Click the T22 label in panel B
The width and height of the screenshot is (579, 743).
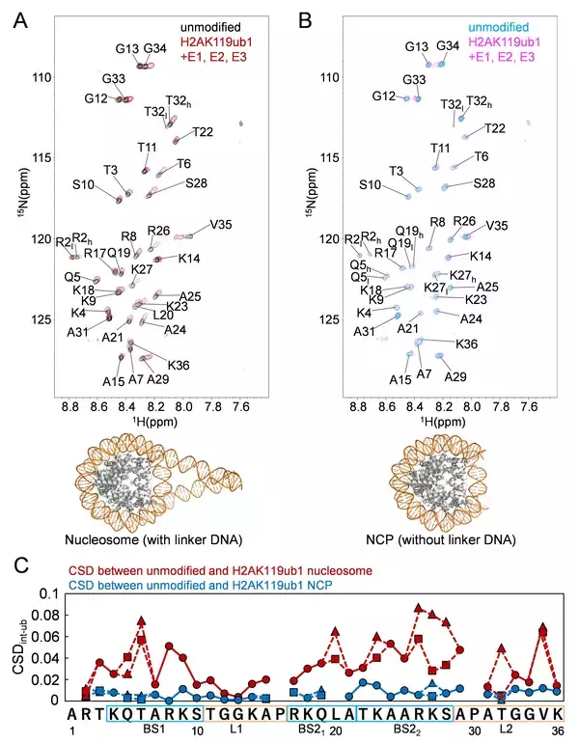pyautogui.click(x=494, y=127)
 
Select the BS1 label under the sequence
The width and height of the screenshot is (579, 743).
pyautogui.click(x=154, y=730)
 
